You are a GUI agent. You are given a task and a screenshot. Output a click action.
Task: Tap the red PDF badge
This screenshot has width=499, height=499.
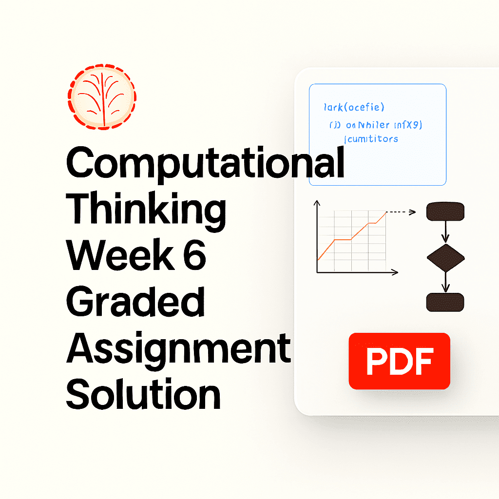(x=399, y=361)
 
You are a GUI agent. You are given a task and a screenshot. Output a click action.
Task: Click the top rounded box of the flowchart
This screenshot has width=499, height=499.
(x=445, y=211)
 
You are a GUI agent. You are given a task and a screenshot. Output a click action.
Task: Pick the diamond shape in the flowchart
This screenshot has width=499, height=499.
(x=445, y=257)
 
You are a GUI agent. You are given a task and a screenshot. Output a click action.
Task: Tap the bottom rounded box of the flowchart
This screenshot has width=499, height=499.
(x=445, y=302)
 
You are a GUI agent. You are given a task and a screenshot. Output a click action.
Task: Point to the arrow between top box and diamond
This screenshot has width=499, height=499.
(x=445, y=231)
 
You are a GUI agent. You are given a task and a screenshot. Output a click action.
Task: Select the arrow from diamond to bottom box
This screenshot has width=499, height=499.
(x=445, y=282)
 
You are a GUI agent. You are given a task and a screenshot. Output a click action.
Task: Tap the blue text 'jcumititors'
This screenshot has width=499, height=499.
(x=371, y=139)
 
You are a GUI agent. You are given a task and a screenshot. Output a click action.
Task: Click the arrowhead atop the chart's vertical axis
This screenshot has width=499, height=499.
(x=317, y=202)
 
